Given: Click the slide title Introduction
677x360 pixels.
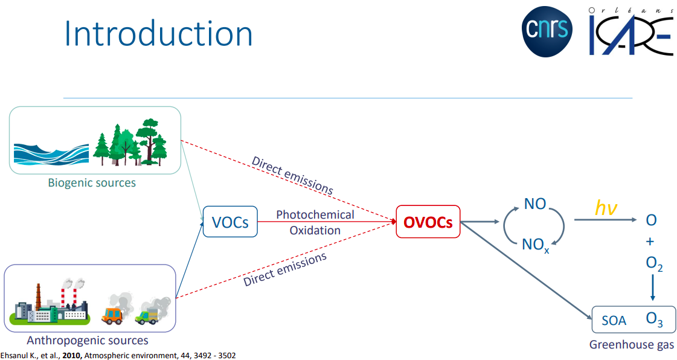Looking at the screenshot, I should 158,34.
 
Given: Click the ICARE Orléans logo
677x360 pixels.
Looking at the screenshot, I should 630,31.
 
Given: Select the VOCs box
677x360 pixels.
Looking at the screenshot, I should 230,222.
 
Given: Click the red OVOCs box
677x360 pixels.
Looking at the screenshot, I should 428,222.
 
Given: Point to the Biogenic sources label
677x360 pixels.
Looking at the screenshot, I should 92,182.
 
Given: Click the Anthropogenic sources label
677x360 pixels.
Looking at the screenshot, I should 88,341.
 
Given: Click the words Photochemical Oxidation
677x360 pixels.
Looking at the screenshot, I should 315,222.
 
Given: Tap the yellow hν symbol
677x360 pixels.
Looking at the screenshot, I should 605,208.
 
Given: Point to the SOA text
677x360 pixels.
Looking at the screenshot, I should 614,321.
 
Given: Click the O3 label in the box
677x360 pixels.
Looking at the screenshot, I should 654,320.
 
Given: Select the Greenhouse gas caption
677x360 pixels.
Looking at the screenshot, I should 632,346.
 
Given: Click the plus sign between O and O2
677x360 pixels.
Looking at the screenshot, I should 650,242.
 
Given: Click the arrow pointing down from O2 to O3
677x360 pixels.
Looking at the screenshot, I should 652,289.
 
